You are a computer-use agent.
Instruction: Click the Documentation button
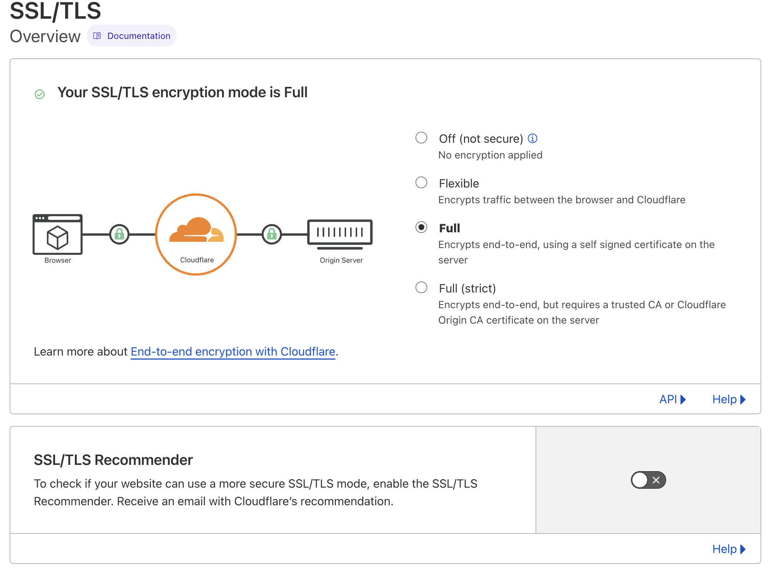click(132, 36)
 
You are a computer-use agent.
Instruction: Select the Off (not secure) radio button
click(421, 138)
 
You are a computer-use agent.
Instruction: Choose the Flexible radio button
click(421, 183)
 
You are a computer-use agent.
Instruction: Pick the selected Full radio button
click(421, 227)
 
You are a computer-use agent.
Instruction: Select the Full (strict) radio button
click(421, 288)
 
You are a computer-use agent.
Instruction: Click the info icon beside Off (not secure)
click(532, 138)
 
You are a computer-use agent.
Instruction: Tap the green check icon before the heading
click(40, 94)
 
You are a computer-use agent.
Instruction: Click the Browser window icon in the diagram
click(58, 234)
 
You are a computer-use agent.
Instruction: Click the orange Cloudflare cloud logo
click(196, 230)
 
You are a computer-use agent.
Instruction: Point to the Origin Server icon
click(340, 233)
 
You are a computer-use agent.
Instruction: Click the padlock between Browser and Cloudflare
click(119, 234)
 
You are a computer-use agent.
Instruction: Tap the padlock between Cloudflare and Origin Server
click(272, 234)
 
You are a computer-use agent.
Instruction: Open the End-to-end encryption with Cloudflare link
click(233, 352)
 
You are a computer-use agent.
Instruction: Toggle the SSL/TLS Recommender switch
click(648, 480)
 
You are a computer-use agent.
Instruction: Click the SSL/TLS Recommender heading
click(113, 460)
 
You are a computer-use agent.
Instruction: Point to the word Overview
click(45, 36)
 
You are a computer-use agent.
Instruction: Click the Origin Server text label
click(341, 260)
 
